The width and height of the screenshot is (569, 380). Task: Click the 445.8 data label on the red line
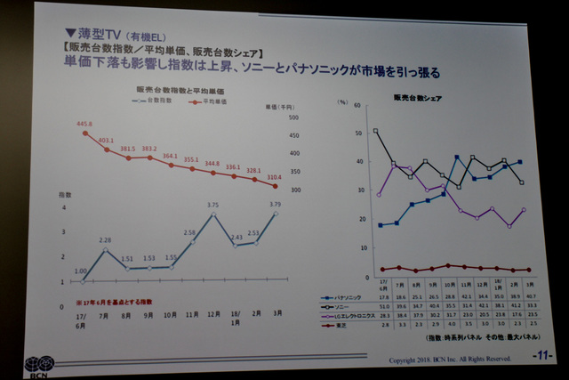click(x=85, y=124)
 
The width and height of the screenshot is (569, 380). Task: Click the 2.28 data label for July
click(x=105, y=240)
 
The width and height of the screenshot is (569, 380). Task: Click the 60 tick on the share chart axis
click(x=357, y=104)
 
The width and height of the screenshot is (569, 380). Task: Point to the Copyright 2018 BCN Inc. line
click(x=446, y=360)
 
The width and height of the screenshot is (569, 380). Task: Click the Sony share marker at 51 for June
click(x=376, y=130)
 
